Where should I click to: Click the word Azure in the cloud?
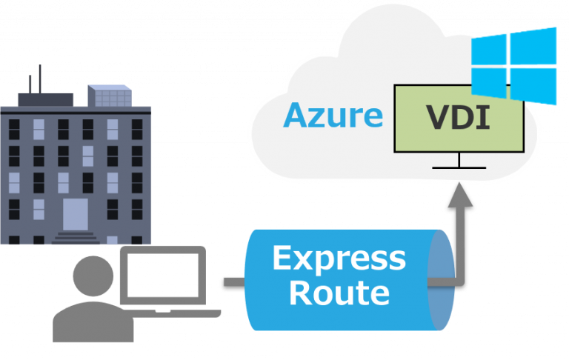tap(333, 116)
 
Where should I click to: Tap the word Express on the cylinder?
tap(339, 259)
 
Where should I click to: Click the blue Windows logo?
tap(514, 66)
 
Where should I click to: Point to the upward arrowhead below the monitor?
tap(459, 195)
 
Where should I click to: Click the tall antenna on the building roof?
tap(39, 78)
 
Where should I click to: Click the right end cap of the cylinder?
tap(442, 280)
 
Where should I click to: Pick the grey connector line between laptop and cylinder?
tap(234, 281)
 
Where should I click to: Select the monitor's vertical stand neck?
tap(459, 160)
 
